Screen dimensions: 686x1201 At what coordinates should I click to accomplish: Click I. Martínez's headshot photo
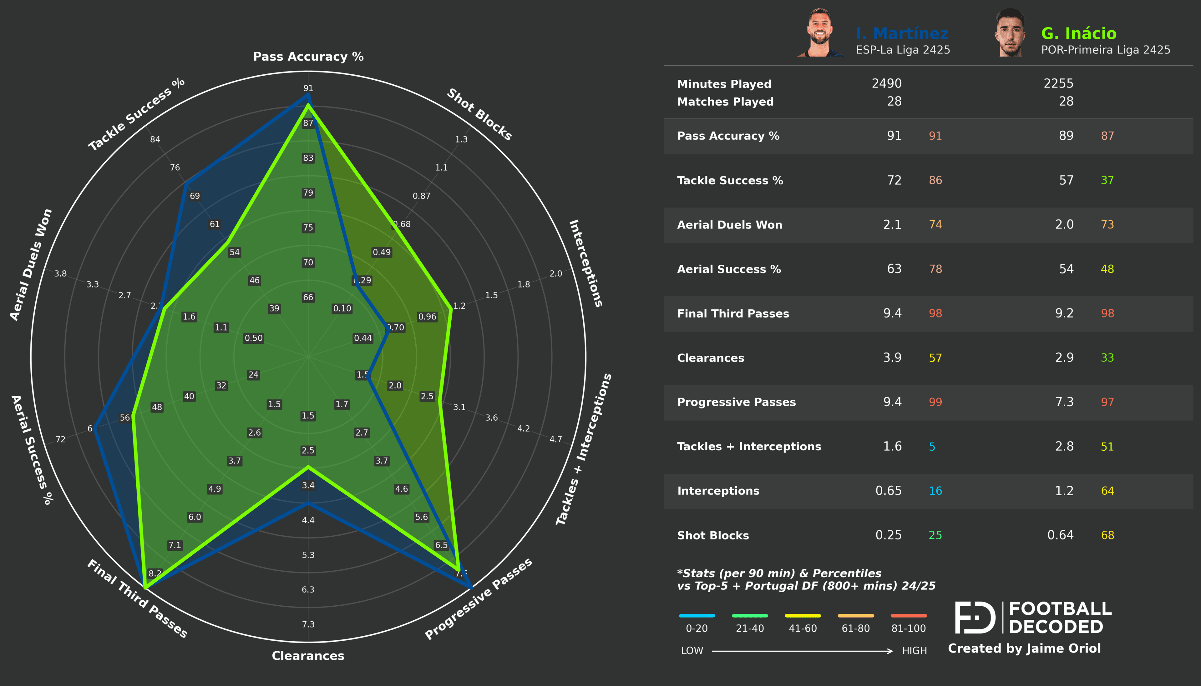point(820,33)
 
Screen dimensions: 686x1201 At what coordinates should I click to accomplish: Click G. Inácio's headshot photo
point(1010,33)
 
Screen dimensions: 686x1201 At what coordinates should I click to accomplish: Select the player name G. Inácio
point(1078,33)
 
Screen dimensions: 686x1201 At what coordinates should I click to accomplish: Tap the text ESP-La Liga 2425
point(903,50)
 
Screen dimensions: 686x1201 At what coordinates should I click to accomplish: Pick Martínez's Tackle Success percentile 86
point(935,180)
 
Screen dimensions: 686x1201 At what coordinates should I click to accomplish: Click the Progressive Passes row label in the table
point(736,402)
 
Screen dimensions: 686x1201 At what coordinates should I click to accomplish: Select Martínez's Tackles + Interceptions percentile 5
point(932,447)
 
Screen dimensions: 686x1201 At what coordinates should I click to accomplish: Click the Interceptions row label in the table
point(718,491)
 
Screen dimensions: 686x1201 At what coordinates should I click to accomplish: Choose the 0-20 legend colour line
point(697,616)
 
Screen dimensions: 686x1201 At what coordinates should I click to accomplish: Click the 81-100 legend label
point(908,628)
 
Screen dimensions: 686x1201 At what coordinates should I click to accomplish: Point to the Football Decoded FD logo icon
point(974,617)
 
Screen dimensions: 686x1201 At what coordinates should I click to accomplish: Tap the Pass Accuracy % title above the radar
point(308,57)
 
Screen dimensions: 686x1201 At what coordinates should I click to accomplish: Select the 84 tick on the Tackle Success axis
point(155,139)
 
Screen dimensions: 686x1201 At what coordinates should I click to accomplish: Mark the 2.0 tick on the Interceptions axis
point(556,274)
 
